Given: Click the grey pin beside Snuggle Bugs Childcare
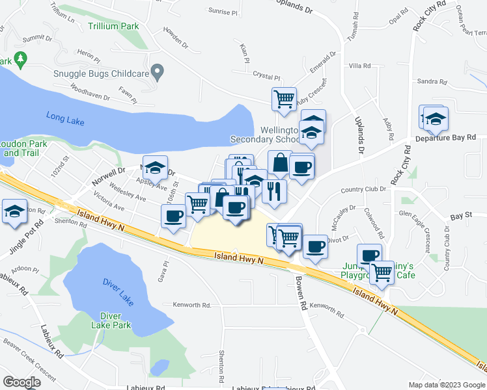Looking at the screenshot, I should (x=156, y=70).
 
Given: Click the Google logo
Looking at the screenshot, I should (x=21, y=382).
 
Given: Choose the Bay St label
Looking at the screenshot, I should (x=460, y=215).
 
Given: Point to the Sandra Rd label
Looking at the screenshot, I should (x=432, y=82).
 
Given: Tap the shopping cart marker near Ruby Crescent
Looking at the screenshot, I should (x=284, y=99).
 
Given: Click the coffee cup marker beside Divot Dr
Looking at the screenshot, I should (x=316, y=247).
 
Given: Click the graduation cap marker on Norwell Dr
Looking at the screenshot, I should (x=156, y=168).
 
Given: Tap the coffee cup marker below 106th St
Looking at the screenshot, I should (x=174, y=216).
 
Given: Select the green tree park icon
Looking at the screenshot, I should (x=21, y=60).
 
